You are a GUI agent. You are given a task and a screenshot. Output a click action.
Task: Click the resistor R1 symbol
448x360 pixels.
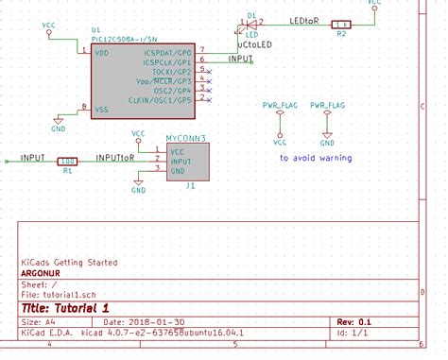click(67, 161)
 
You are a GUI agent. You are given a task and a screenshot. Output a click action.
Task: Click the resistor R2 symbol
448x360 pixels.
click(342, 25)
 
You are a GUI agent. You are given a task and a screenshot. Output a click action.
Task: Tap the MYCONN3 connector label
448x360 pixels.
click(185, 138)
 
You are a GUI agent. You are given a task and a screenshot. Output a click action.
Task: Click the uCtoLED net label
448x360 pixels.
click(255, 44)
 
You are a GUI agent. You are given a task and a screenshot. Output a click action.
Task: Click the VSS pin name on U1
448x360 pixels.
click(103, 109)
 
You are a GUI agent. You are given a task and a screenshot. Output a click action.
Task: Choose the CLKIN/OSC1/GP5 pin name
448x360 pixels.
click(164, 99)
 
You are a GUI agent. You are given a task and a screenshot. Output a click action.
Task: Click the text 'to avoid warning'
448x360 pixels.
click(316, 158)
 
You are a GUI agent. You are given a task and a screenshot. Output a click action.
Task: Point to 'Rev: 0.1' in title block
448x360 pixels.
click(353, 322)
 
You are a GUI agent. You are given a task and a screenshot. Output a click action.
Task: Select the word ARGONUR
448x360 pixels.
click(43, 271)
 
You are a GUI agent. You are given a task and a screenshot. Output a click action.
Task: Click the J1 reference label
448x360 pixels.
click(191, 186)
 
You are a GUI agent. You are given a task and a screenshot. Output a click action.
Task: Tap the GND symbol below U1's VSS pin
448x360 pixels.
click(59, 126)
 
